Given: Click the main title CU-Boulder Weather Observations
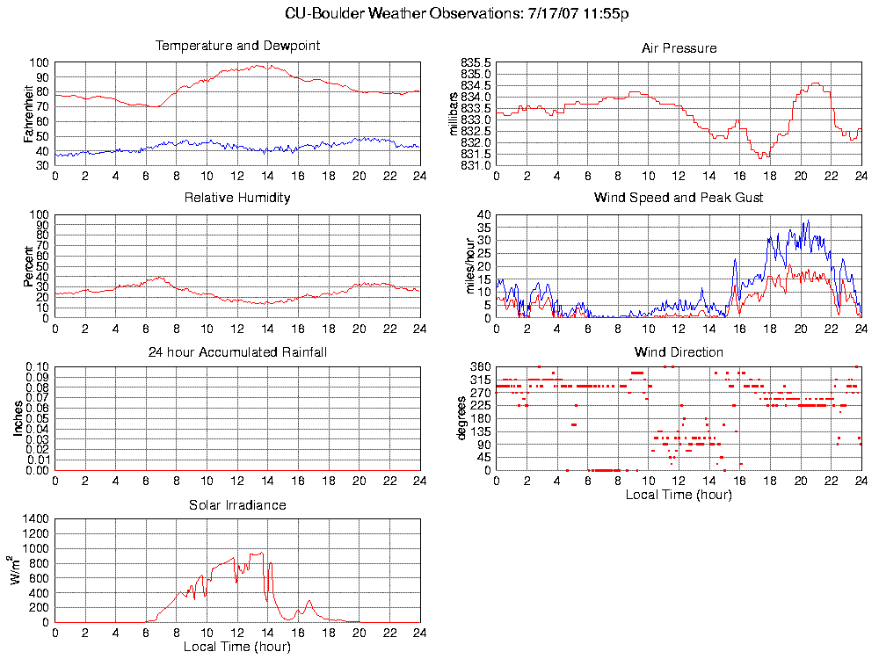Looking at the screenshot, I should tap(457, 14).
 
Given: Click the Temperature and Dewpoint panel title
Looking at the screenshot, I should tap(237, 46).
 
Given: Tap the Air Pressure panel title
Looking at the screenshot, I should tap(679, 48).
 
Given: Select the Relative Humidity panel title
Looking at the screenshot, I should tap(237, 198).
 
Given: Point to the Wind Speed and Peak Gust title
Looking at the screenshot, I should tap(679, 198).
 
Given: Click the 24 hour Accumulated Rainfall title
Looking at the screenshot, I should tap(237, 352).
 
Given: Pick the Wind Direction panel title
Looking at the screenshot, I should tap(679, 352).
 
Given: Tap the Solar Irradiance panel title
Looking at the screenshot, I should tap(237, 505).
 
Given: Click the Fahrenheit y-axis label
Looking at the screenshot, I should tap(28, 113).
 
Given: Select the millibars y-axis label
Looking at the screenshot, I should tap(454, 113).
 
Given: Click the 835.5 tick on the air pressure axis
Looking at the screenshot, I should tap(476, 63).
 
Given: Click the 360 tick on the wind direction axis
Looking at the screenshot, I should tap(480, 367).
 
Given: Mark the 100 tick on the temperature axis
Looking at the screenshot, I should tap(40, 63).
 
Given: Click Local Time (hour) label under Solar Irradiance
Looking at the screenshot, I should tap(237, 648).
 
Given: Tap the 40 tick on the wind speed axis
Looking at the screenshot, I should tap(483, 215).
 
